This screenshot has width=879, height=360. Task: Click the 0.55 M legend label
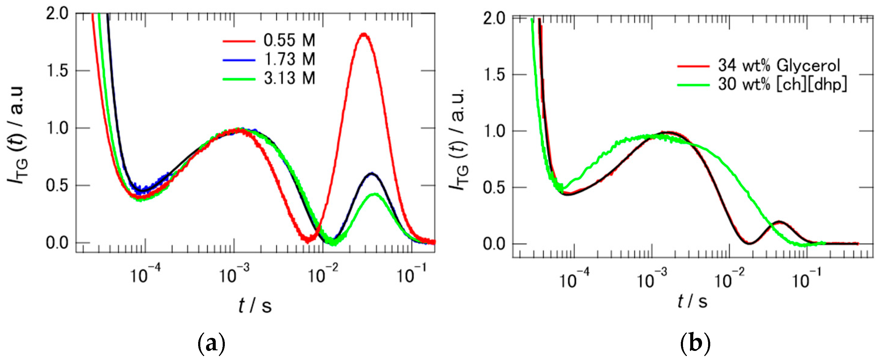point(289,41)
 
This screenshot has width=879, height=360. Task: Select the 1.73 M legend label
point(289,60)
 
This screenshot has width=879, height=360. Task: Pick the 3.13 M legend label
point(289,79)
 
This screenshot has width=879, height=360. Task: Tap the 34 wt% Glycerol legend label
point(779,65)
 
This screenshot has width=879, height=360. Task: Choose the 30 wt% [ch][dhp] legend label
point(782,84)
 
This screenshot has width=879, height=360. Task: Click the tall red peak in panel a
point(364,34)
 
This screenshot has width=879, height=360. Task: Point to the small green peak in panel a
point(375,195)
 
